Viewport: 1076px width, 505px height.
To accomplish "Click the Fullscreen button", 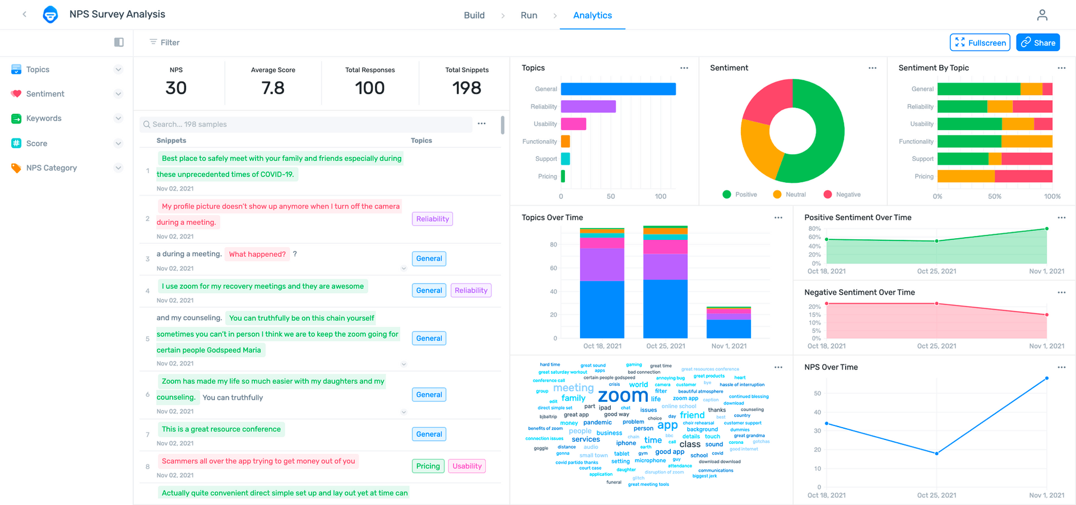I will click(980, 43).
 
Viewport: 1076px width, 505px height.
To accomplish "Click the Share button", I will click(1038, 43).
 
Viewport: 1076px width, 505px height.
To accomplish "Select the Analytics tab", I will click(592, 15).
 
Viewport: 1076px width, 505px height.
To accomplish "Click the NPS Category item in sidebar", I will click(51, 168).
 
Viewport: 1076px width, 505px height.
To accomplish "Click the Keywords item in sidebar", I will click(44, 118).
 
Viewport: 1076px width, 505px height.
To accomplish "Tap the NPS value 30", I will click(176, 88).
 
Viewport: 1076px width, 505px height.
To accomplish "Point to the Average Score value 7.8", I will click(273, 88).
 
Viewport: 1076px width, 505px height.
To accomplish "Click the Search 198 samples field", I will click(305, 124).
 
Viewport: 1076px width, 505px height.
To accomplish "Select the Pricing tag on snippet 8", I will click(428, 466).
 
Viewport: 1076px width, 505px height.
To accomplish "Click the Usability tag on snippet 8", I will click(467, 466).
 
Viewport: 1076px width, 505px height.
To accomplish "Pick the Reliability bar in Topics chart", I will click(588, 106).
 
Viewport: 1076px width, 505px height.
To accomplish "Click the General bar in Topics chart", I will click(618, 89).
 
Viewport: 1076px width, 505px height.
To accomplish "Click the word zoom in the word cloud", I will click(623, 396).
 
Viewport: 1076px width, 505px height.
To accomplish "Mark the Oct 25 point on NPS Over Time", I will click(936, 453).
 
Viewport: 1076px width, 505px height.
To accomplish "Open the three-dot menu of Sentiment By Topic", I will click(1061, 68).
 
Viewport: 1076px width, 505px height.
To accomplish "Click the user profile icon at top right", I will click(1042, 15).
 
